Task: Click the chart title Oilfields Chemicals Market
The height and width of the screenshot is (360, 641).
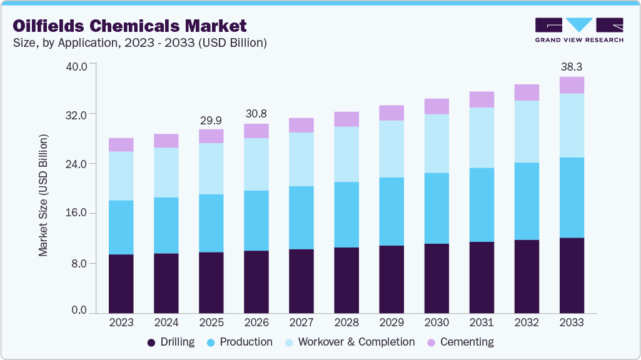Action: click(x=129, y=26)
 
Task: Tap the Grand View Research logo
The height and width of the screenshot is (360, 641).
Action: click(x=578, y=30)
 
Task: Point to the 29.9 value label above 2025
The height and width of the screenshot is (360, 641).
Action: click(x=211, y=120)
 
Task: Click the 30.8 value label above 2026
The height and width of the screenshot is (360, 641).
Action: click(x=256, y=114)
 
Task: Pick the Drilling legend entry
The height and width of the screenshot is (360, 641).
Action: click(x=171, y=342)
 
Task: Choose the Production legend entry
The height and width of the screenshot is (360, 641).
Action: click(x=239, y=342)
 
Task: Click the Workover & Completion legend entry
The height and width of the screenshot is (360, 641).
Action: click(x=349, y=342)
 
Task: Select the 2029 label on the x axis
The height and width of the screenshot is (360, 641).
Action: click(x=391, y=323)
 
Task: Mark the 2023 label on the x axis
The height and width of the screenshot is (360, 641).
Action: click(x=121, y=323)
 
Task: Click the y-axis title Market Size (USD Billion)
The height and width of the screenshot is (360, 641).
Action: click(x=44, y=196)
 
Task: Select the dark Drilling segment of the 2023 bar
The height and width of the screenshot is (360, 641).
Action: click(x=121, y=284)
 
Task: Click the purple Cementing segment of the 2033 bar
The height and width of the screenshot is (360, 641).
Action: click(x=572, y=85)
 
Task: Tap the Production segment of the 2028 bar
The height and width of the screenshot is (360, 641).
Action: click(x=346, y=214)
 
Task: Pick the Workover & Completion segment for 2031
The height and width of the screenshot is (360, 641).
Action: click(x=482, y=137)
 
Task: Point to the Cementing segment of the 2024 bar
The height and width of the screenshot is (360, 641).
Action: click(x=166, y=141)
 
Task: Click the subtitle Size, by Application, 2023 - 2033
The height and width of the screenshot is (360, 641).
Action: click(x=140, y=43)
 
